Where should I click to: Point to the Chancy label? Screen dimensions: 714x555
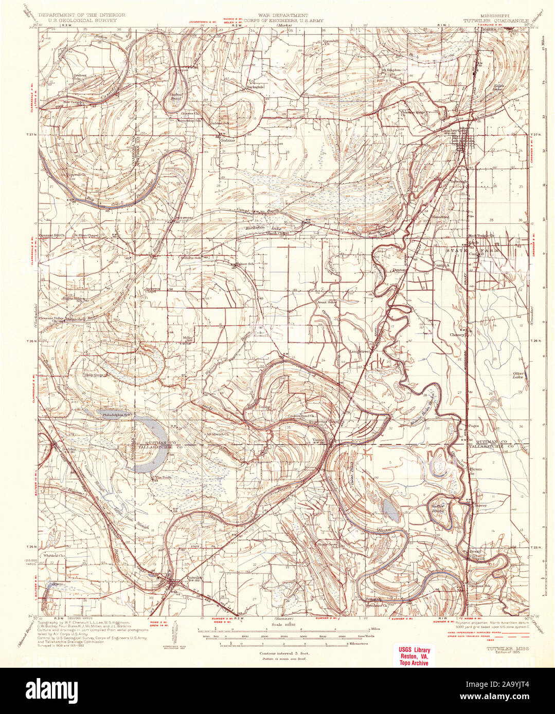[x=457, y=334]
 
